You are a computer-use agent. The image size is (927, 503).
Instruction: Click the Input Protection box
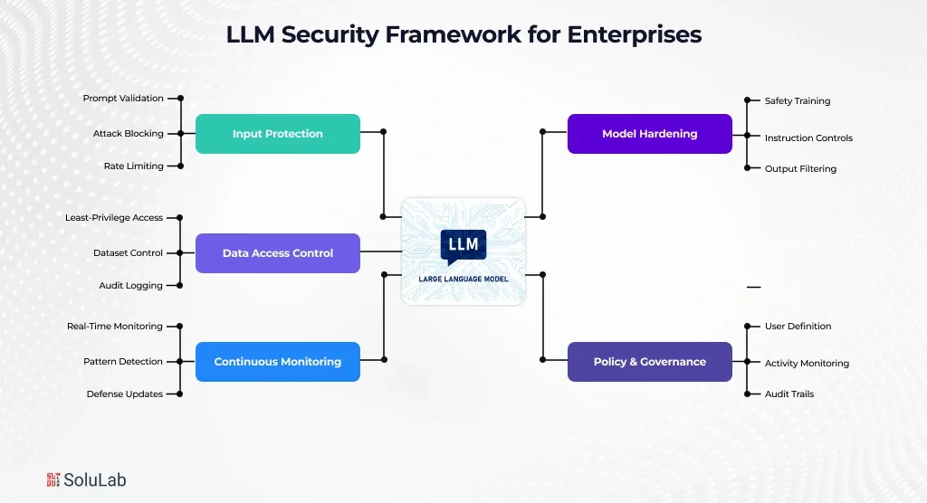tap(278, 134)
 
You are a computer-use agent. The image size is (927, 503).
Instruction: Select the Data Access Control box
tap(278, 253)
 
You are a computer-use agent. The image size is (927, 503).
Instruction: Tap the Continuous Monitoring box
tap(278, 362)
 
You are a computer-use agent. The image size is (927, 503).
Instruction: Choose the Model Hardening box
tap(649, 134)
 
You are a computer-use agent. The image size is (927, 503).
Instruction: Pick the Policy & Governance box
tap(649, 362)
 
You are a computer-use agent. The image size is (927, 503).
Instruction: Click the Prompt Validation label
tap(123, 98)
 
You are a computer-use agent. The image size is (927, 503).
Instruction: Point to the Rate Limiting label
tap(134, 166)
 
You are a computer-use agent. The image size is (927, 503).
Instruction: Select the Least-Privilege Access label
tap(114, 217)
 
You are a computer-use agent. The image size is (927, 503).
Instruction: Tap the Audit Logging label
tap(131, 285)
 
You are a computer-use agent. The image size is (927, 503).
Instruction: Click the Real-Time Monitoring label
tap(115, 326)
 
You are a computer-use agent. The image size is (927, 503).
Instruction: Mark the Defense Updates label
tap(125, 394)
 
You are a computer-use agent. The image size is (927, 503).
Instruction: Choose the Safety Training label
tap(798, 100)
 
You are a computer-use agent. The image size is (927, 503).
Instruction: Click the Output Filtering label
tap(800, 168)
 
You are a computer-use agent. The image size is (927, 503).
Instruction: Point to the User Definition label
tap(798, 326)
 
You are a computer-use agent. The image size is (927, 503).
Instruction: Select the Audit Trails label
tap(789, 394)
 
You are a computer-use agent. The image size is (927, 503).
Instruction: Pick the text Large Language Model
tap(463, 279)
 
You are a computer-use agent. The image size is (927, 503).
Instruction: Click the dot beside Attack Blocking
tap(181, 133)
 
